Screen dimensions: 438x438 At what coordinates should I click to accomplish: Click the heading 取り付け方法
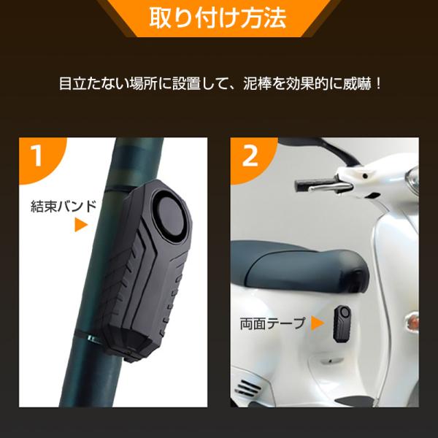pyautogui.click(x=218, y=18)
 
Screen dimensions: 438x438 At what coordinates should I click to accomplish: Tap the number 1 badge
pyautogui.click(x=37, y=155)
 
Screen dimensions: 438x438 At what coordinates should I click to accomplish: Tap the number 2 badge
pyautogui.click(x=250, y=156)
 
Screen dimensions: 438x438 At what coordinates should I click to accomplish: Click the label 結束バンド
pyautogui.click(x=64, y=207)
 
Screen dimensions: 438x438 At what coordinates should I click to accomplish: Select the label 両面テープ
pyautogui.click(x=272, y=323)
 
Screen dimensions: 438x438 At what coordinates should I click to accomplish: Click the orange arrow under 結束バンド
pyautogui.click(x=81, y=225)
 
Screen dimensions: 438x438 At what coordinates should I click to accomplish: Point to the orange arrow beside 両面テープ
pyautogui.click(x=318, y=323)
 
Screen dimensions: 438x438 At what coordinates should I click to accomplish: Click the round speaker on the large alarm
pyautogui.click(x=169, y=213)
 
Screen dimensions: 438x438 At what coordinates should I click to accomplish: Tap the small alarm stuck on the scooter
pyautogui.click(x=342, y=324)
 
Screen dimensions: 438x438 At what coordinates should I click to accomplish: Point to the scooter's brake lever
pyautogui.click(x=330, y=187)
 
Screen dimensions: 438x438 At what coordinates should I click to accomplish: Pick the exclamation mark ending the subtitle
pyautogui.click(x=378, y=83)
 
